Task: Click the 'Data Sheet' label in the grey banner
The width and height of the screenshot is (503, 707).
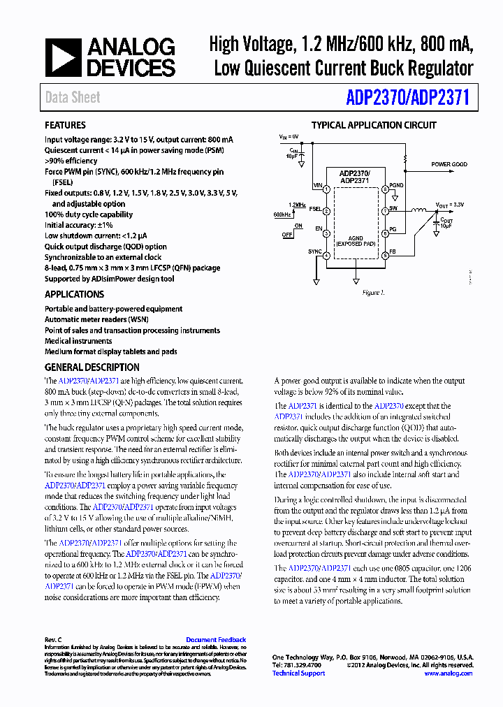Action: [73, 98]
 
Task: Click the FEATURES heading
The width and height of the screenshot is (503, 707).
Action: [65, 126]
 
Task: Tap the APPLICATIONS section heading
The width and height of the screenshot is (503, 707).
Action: [74, 295]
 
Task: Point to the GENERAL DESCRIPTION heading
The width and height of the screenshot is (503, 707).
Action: [92, 367]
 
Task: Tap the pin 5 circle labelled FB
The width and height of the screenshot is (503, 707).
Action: [385, 256]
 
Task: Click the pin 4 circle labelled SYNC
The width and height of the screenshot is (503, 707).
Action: [326, 256]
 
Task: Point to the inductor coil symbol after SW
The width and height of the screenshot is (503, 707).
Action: [419, 211]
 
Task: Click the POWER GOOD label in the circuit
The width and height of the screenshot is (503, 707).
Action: [449, 165]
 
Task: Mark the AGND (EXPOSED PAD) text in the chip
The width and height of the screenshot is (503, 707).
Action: [356, 241]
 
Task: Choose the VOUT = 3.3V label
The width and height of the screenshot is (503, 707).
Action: [451, 205]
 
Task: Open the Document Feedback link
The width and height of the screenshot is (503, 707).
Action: [216, 640]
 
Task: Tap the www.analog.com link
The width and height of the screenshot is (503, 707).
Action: [448, 673]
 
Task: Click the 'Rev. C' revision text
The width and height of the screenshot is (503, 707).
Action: [54, 640]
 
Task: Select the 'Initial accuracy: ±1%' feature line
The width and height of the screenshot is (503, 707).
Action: [79, 226]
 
